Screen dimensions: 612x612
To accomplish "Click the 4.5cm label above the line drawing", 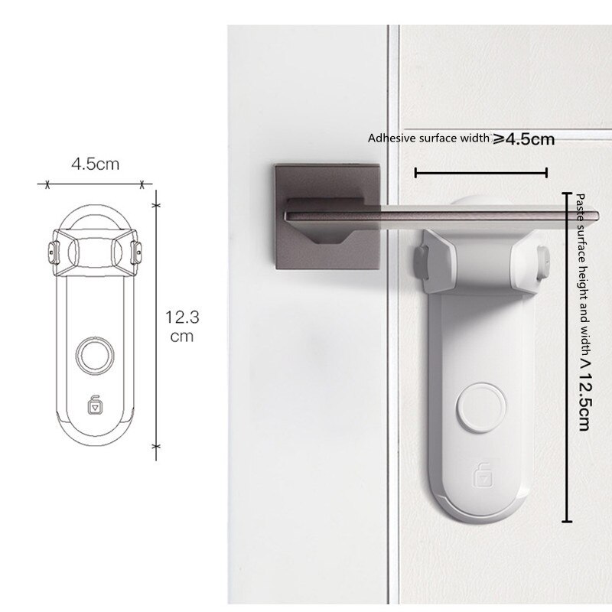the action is pyautogui.click(x=95, y=164).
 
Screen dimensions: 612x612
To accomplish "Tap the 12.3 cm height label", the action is pyautogui.click(x=182, y=327).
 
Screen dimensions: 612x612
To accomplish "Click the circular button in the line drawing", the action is pyautogui.click(x=95, y=355).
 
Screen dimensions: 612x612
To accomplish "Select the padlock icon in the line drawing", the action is pyautogui.click(x=95, y=405).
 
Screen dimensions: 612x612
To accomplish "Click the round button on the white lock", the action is pyautogui.click(x=482, y=407).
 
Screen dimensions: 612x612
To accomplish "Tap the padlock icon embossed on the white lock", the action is pyautogui.click(x=483, y=475).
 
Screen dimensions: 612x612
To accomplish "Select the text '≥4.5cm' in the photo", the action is pyautogui.click(x=523, y=139).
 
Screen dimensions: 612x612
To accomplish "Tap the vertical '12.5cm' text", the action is pyautogui.click(x=584, y=401).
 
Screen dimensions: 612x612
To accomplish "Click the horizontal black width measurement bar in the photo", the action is pyautogui.click(x=481, y=173).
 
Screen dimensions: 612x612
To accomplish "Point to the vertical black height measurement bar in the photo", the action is pyautogui.click(x=567, y=357).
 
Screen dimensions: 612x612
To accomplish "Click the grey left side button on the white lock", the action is pyautogui.click(x=421, y=262).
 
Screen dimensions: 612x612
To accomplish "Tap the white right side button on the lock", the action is pyautogui.click(x=543, y=262).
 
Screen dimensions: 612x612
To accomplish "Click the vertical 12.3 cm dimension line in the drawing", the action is pyautogui.click(x=156, y=325).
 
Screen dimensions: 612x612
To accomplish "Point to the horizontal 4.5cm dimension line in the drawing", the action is pyautogui.click(x=94, y=184).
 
